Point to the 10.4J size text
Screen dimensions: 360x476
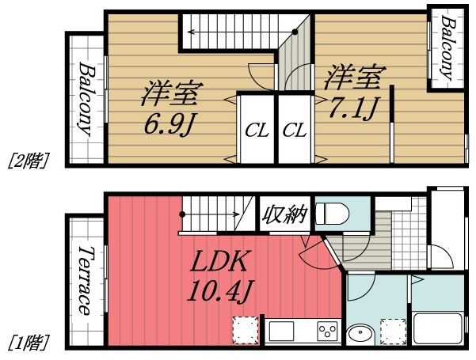(219, 291)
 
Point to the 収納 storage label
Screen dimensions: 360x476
(284, 214)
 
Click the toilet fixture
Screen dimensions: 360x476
(333, 213)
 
